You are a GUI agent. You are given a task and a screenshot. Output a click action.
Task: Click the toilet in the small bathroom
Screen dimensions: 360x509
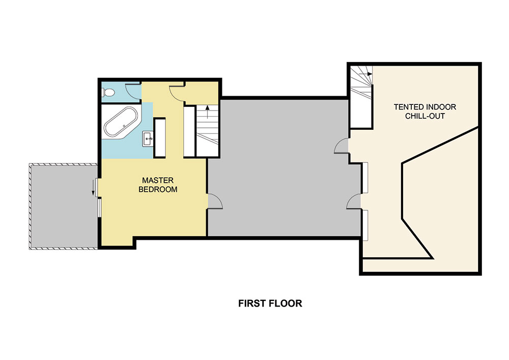[106, 92]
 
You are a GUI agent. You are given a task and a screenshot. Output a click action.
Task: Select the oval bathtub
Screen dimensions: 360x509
[121, 122]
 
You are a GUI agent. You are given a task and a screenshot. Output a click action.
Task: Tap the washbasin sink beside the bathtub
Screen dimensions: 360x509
[148, 137]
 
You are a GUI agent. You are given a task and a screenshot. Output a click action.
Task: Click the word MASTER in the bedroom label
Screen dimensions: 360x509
[158, 180]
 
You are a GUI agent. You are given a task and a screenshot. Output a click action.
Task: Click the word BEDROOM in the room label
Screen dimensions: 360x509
[158, 189]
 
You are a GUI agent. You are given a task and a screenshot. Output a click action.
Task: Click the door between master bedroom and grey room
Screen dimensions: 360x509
[214, 202]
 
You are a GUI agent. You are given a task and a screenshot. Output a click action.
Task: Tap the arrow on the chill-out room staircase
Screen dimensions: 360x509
[369, 74]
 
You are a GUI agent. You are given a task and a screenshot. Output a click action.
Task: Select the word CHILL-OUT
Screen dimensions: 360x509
[425, 116]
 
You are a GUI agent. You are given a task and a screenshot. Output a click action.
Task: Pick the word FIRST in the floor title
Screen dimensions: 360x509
[250, 304]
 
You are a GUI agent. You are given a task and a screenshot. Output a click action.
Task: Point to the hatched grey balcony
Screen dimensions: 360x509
[62, 206]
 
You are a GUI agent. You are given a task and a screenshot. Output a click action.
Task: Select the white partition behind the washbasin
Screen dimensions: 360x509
[159, 140]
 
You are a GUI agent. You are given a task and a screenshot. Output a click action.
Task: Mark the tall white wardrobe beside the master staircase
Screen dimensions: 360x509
[189, 131]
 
